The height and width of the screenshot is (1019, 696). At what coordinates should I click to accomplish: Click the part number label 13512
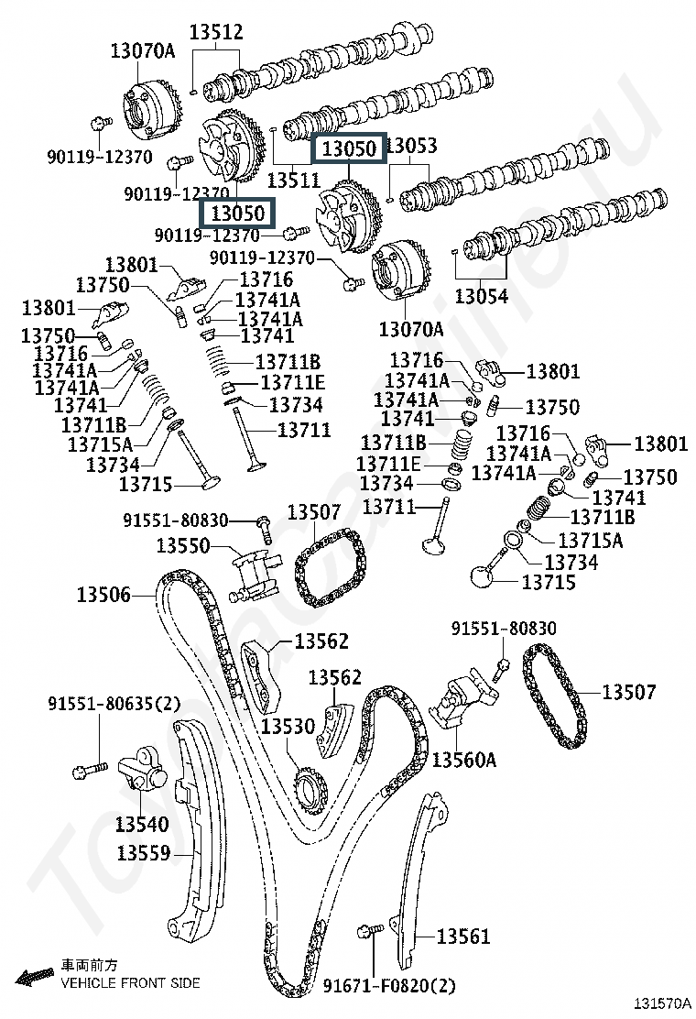click(x=216, y=32)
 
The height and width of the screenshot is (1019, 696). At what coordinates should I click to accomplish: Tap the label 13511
click(x=294, y=180)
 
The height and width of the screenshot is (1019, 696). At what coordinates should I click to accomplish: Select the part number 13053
click(x=412, y=146)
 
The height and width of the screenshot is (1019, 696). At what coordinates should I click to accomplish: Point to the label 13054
click(x=481, y=296)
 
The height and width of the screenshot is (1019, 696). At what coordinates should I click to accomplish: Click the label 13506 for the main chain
click(x=103, y=594)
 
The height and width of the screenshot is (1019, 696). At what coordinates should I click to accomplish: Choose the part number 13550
click(x=183, y=545)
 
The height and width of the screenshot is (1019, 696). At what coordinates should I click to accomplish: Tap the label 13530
click(x=288, y=726)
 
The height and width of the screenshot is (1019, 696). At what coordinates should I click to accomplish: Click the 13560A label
click(x=463, y=759)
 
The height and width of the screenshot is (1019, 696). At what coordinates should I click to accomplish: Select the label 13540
click(x=142, y=824)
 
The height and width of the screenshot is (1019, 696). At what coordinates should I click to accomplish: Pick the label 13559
click(x=144, y=852)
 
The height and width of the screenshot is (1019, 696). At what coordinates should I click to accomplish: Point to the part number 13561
click(x=463, y=936)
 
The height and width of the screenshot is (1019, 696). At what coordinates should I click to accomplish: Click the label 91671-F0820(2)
click(x=389, y=986)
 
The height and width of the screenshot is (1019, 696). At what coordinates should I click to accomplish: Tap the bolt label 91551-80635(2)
click(x=114, y=703)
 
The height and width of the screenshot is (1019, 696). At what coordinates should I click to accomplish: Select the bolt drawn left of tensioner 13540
click(x=91, y=770)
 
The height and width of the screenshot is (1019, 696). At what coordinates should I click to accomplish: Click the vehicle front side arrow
click(x=35, y=976)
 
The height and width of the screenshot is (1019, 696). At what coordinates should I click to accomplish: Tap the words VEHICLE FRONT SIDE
click(x=130, y=983)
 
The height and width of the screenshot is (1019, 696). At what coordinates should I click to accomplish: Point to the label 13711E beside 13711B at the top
click(x=293, y=383)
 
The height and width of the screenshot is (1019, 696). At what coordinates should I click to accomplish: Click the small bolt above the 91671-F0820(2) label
click(x=366, y=932)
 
